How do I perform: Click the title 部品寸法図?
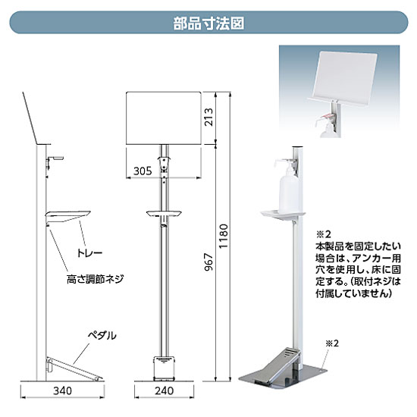pos(208,24)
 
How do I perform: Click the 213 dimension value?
pos(208,117)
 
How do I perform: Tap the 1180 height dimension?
pos(224,236)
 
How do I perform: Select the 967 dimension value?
pos(208,262)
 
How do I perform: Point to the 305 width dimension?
pos(143,171)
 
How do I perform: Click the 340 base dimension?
pos(62,390)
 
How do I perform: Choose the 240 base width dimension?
pos(164,390)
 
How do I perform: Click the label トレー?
pos(89,252)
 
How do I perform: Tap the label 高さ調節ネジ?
pos(95,279)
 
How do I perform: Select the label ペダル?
pos(102,336)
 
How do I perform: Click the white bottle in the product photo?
pos(289,190)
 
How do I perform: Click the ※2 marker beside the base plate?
pos(332,343)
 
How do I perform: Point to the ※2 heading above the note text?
pos(323,234)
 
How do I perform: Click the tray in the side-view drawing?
pos(68,217)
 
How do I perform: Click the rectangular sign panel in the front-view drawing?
pos(164,118)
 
